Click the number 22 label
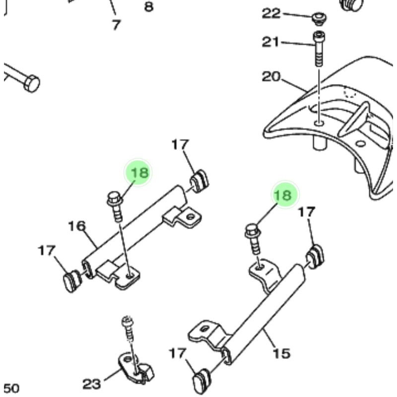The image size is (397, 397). click(x=271, y=13)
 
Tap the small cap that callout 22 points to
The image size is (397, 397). click(x=319, y=18)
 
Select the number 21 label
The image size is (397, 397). click(x=271, y=42)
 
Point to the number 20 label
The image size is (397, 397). click(x=271, y=77)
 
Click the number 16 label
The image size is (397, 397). click(x=77, y=226)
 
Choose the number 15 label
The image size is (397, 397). click(x=281, y=353)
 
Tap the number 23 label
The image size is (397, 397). click(x=91, y=383)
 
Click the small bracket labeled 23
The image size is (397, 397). click(x=131, y=367)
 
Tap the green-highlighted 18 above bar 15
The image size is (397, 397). click(x=283, y=195)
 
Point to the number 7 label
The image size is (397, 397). click(x=116, y=24)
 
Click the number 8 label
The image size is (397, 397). click(x=148, y=7)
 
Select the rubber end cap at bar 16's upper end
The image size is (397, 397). click(x=199, y=180)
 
